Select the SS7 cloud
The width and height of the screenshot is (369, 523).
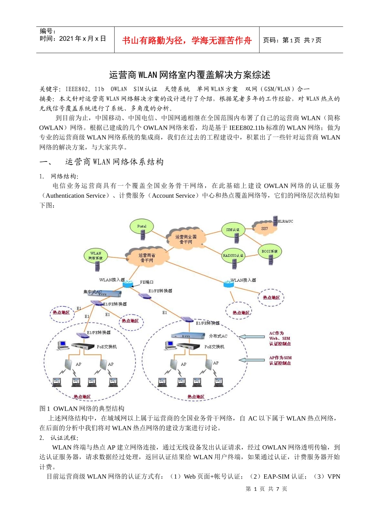264,228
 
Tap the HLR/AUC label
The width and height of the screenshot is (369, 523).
285,221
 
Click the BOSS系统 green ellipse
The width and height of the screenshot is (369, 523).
270,251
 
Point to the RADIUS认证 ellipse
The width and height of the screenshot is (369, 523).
233,256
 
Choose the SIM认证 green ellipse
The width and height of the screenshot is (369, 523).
233,230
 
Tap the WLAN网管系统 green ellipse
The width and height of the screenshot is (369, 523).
96,256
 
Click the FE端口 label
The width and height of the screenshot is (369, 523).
147,282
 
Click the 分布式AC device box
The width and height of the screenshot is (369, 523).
188,335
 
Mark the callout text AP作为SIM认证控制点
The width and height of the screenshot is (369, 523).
280,360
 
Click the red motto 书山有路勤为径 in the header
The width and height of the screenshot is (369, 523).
187,40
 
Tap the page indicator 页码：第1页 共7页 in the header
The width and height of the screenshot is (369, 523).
292,40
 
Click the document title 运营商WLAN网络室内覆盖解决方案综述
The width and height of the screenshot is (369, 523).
190,75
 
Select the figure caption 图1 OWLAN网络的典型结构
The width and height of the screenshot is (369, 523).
82,409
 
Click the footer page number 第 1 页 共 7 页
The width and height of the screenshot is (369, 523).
266,489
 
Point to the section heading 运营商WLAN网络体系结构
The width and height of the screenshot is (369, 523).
114,162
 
